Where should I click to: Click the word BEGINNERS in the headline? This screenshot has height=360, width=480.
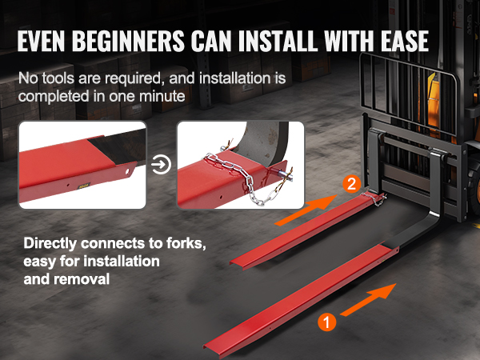(128, 41)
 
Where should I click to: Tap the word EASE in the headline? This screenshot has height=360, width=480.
(404, 41)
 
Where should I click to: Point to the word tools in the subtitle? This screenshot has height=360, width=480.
(58, 78)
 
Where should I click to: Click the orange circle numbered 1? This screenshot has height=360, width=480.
(326, 322)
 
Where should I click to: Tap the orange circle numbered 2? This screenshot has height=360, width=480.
(352, 184)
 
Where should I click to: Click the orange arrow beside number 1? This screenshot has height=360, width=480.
(369, 299)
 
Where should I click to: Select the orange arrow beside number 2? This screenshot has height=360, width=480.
(306, 210)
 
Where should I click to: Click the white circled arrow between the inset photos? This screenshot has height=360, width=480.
(161, 165)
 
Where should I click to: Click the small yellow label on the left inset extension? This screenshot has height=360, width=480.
(83, 186)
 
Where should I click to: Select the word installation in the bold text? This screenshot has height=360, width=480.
(122, 262)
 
